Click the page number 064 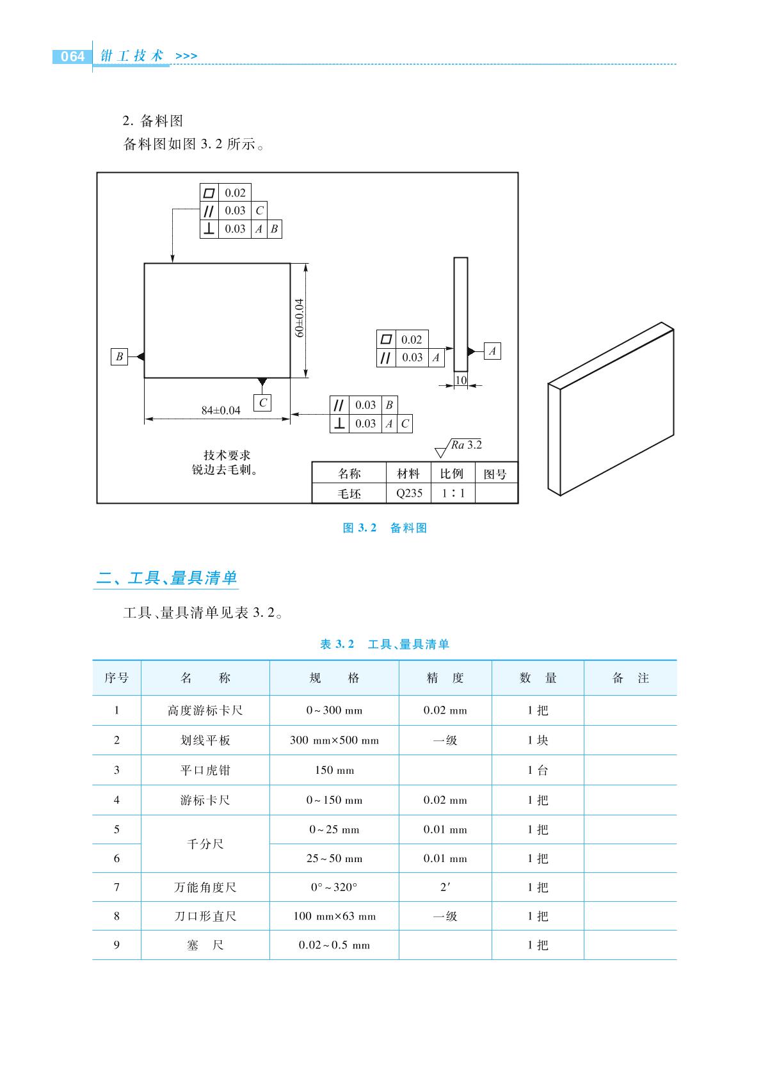point(72,56)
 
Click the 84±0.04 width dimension point(221,410)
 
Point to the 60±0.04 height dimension point(299,318)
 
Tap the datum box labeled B point(119,356)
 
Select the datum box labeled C point(262,403)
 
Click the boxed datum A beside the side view point(492,351)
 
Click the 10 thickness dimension point(461,380)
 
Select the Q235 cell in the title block point(409,493)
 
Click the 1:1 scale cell point(453,493)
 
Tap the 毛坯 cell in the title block point(349,493)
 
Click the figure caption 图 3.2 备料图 point(384,528)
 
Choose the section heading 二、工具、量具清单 point(166,578)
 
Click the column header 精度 point(445,678)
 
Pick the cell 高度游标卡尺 point(205,710)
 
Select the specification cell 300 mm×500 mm point(334,740)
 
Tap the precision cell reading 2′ point(445,887)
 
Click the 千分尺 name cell point(205,844)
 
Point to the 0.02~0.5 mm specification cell point(334,945)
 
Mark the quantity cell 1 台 point(538,770)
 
